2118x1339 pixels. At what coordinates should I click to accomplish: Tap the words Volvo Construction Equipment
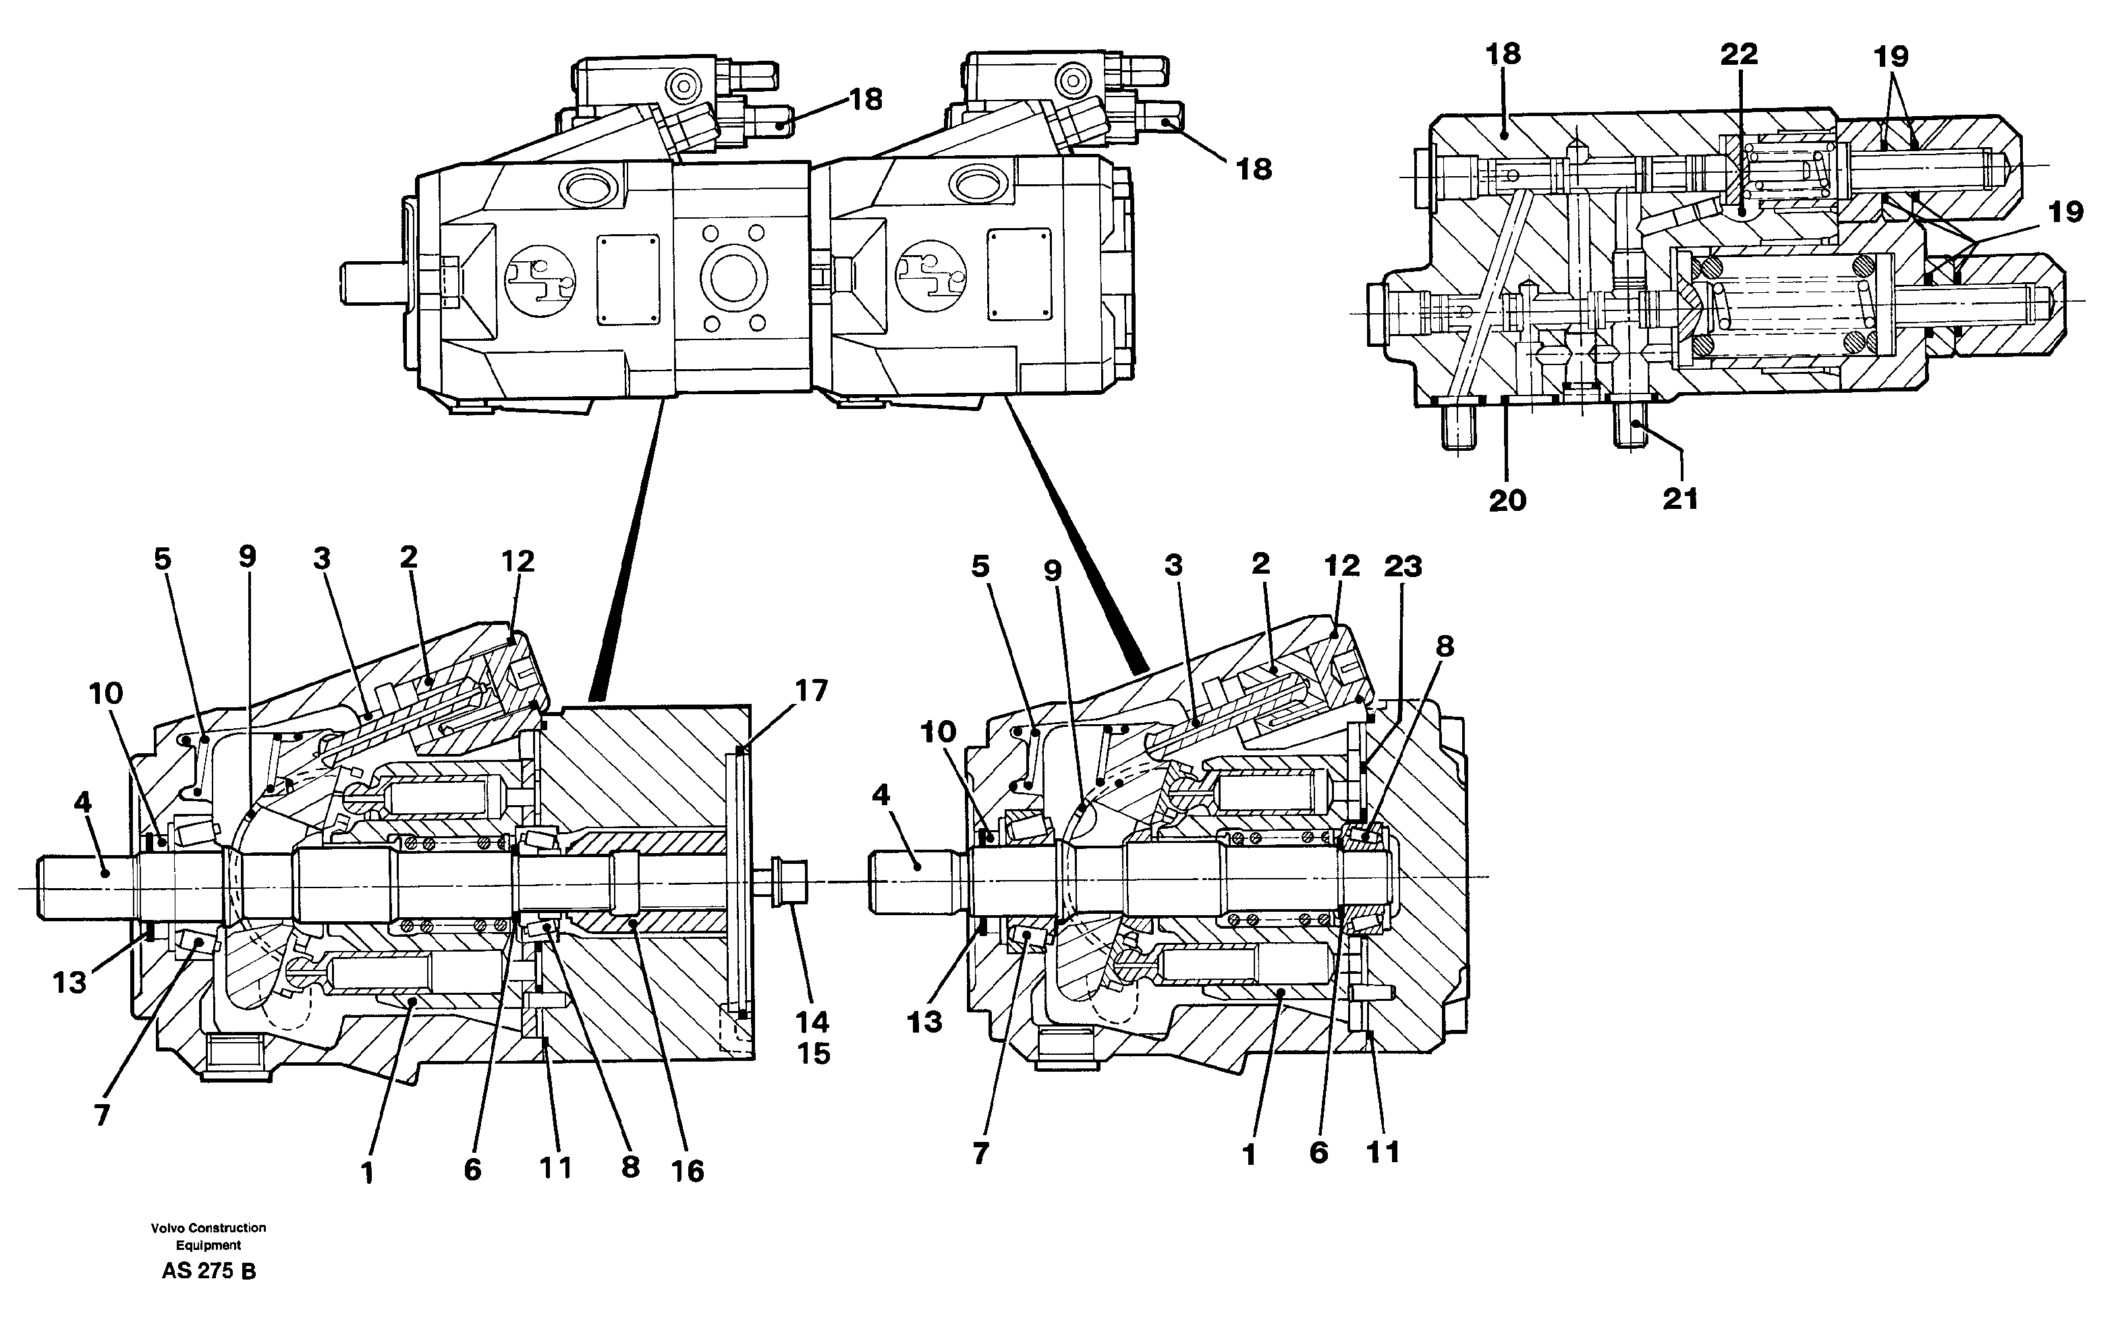coord(208,1236)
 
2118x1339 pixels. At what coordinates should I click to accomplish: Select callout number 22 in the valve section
coord(1738,55)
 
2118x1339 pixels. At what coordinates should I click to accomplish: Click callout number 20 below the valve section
coord(1507,501)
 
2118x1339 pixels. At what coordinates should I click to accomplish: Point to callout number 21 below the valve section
coord(1680,499)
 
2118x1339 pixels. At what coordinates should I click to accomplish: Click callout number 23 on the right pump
coord(1402,566)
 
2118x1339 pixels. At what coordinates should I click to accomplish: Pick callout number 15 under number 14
coord(814,1053)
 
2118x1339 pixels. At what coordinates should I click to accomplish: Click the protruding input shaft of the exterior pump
coord(374,284)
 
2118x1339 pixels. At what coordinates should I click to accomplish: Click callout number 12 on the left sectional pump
coord(518,560)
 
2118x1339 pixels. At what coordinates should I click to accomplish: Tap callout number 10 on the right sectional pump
coord(938,732)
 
